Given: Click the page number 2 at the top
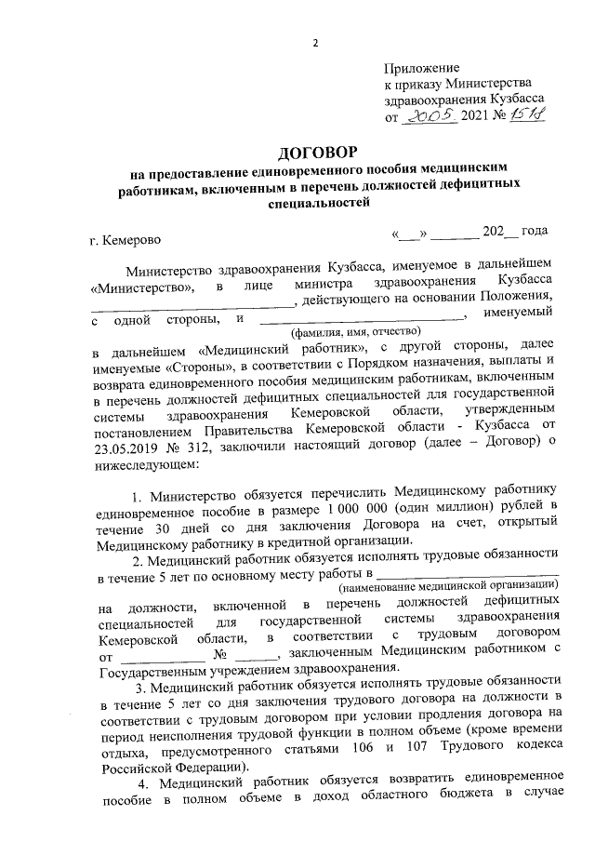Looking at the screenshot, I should point(315,43).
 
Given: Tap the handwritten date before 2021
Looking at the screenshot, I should point(430,117).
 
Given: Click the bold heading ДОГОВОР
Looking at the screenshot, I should point(315,152).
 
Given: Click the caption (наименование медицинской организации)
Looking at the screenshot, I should point(448,587).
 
